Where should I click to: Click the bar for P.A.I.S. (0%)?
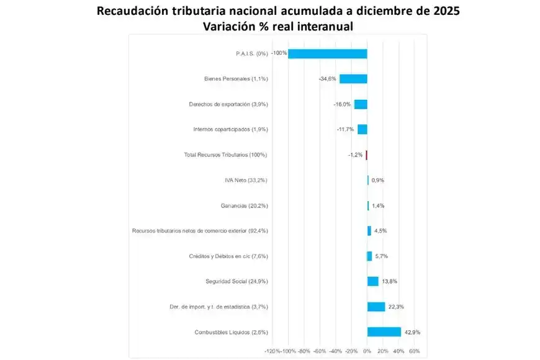[327, 53]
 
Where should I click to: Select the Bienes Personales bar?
[353, 79]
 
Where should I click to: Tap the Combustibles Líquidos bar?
[384, 332]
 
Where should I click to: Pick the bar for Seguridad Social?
[372, 281]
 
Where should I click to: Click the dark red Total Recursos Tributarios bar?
[366, 155]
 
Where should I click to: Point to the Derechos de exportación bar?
[361, 104]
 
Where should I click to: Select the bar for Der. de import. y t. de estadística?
[376, 307]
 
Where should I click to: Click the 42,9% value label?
[412, 332]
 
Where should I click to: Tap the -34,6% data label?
[327, 79]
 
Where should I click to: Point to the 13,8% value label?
[390, 281]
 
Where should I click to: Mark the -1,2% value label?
[355, 155]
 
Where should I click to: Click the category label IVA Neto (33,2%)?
[246, 180]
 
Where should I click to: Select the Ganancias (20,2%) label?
[244, 205]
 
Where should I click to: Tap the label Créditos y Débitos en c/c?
[228, 256]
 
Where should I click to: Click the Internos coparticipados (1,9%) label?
[230, 129]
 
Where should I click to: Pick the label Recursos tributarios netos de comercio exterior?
[200, 231]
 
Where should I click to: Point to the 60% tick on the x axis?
[415, 351]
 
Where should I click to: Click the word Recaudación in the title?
[140, 12]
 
